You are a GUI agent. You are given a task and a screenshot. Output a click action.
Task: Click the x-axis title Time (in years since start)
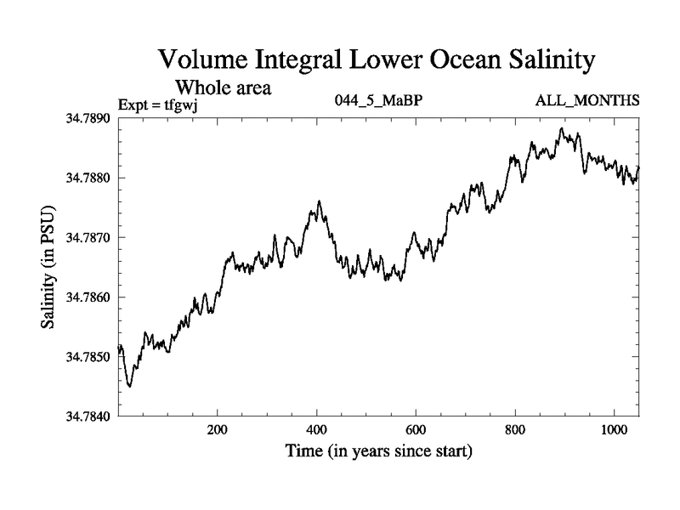(x=377, y=451)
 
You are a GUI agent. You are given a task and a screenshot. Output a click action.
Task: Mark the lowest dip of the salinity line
(x=129, y=386)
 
